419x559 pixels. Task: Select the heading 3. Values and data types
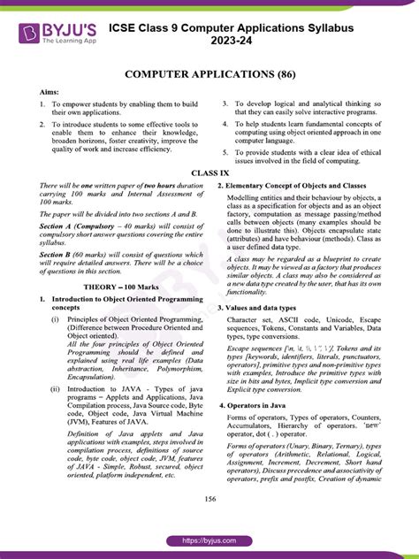tap(264, 307)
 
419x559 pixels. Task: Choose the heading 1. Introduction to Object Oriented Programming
tap(115, 300)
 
